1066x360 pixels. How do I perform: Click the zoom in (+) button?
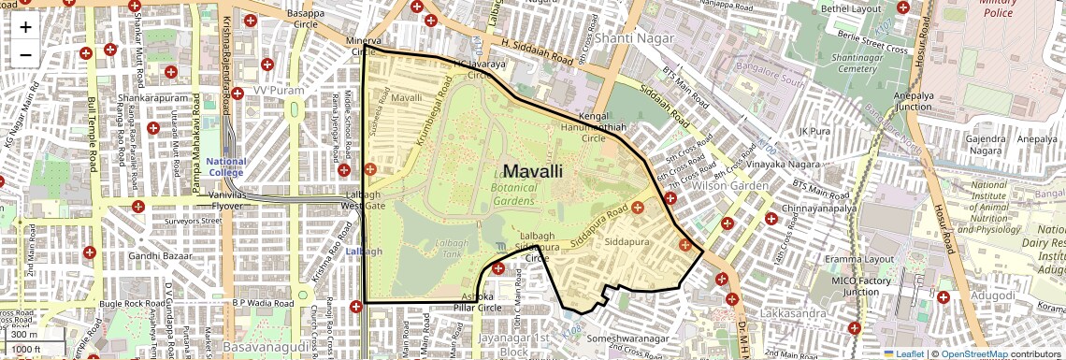tap(25, 26)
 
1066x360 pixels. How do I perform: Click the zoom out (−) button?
tap(25, 54)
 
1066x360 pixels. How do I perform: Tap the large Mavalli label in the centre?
tap(533, 171)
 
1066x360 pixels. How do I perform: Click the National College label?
tap(225, 167)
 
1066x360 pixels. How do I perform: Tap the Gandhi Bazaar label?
tap(158, 255)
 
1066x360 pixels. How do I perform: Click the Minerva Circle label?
tap(364, 47)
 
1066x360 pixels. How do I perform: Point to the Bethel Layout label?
tap(851, 8)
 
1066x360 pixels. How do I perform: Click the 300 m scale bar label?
tap(24, 334)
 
